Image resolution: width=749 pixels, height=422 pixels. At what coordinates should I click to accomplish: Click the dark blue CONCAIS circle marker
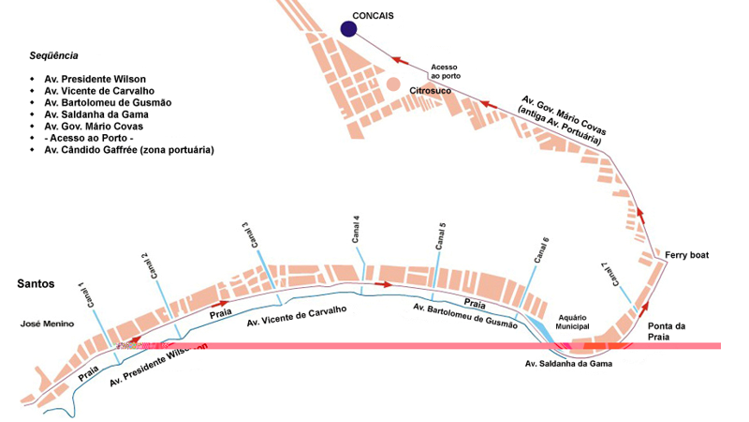tap(349, 29)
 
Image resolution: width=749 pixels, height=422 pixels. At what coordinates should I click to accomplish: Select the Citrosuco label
tap(432, 90)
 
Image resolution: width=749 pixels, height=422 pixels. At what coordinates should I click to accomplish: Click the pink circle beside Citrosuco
tap(393, 85)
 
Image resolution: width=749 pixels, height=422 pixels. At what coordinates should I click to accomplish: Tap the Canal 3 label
tap(245, 234)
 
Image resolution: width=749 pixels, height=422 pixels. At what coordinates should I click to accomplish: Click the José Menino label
tap(44, 324)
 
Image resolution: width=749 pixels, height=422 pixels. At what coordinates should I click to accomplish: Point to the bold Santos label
tap(36, 283)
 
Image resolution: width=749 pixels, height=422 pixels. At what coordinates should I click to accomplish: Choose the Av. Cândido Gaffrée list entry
tap(129, 150)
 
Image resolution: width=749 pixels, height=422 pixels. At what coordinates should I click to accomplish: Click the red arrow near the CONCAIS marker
tap(402, 60)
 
